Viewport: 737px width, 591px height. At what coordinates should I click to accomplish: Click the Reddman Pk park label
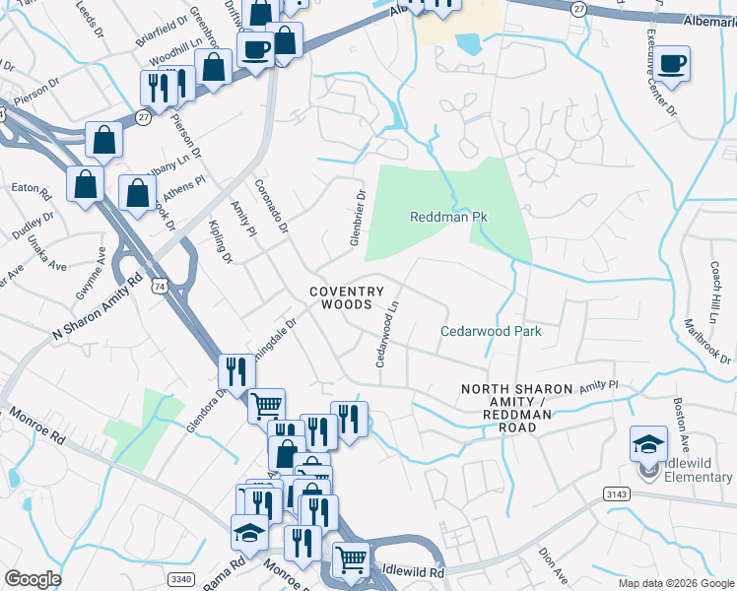[x=449, y=216]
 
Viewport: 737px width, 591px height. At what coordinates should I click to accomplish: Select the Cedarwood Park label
[x=491, y=332]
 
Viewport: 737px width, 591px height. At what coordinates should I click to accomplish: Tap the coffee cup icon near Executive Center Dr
[x=674, y=65]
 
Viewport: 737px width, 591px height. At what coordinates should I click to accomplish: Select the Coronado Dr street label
[x=272, y=205]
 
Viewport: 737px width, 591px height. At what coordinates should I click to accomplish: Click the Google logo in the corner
[x=33, y=578]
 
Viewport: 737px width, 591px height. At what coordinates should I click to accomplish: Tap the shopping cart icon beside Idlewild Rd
[x=351, y=559]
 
